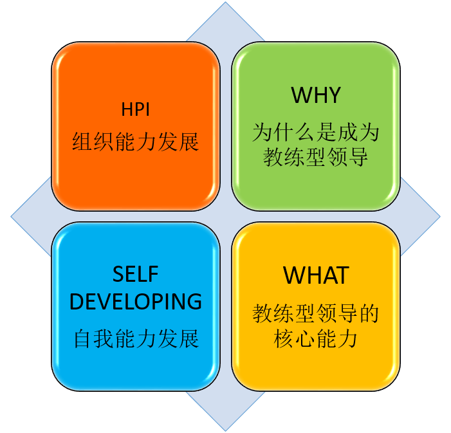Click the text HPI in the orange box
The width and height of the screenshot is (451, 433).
[136, 109]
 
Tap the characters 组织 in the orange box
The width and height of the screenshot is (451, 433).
[93, 142]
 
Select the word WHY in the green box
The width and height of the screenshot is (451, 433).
[316, 95]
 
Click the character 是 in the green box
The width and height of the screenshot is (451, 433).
[326, 132]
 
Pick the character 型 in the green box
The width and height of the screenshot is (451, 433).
[316, 157]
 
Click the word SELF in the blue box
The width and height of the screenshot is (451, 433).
[136, 274]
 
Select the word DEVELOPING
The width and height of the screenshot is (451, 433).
[136, 301]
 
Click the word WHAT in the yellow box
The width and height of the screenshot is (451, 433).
[316, 275]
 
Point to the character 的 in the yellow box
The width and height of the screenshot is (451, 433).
[369, 313]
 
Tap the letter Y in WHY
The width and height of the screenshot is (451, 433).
[334, 95]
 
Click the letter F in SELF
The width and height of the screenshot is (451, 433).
[153, 274]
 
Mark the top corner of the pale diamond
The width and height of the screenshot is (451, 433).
[225, 2]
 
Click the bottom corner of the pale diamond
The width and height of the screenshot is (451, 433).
[225, 431]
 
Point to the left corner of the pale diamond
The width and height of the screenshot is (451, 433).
[11, 217]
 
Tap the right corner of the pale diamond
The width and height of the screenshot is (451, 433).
[440, 217]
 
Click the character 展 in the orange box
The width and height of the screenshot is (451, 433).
[189, 142]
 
